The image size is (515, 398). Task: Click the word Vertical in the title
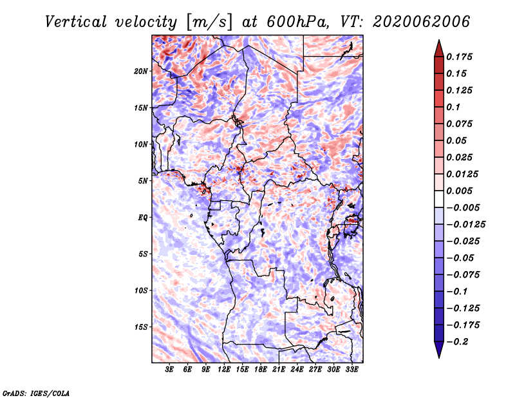click(76, 22)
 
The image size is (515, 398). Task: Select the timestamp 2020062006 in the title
click(422, 22)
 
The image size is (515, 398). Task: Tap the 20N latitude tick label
click(141, 71)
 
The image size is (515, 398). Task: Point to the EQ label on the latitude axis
click(143, 218)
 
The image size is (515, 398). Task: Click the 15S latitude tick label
click(141, 327)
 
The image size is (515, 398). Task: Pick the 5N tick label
click(143, 181)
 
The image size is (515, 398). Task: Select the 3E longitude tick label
click(169, 370)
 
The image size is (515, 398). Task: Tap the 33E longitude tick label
click(351, 370)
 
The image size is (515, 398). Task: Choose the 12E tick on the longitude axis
click(224, 370)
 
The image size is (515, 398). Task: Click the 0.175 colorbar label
click(459, 57)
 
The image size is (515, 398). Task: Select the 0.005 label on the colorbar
click(459, 191)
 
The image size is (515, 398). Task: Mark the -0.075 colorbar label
click(463, 275)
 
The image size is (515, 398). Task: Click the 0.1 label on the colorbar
click(453, 107)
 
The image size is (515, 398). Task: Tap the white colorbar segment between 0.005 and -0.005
click(439, 199)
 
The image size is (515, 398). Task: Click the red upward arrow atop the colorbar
click(439, 48)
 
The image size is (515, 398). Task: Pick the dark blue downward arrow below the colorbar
click(439, 350)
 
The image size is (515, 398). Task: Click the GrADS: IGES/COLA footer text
click(36, 393)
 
